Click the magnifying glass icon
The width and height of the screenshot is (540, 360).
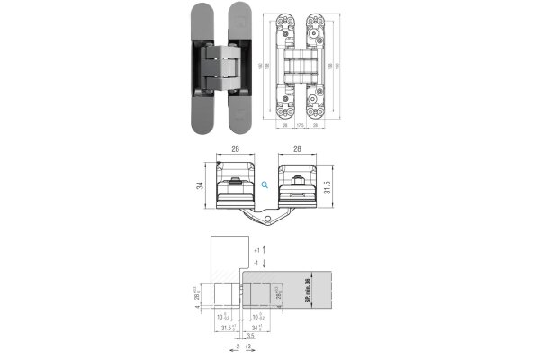pos(265,184)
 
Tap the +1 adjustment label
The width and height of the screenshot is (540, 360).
pos(256,247)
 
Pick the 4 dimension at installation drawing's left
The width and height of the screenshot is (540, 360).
pos(198,305)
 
